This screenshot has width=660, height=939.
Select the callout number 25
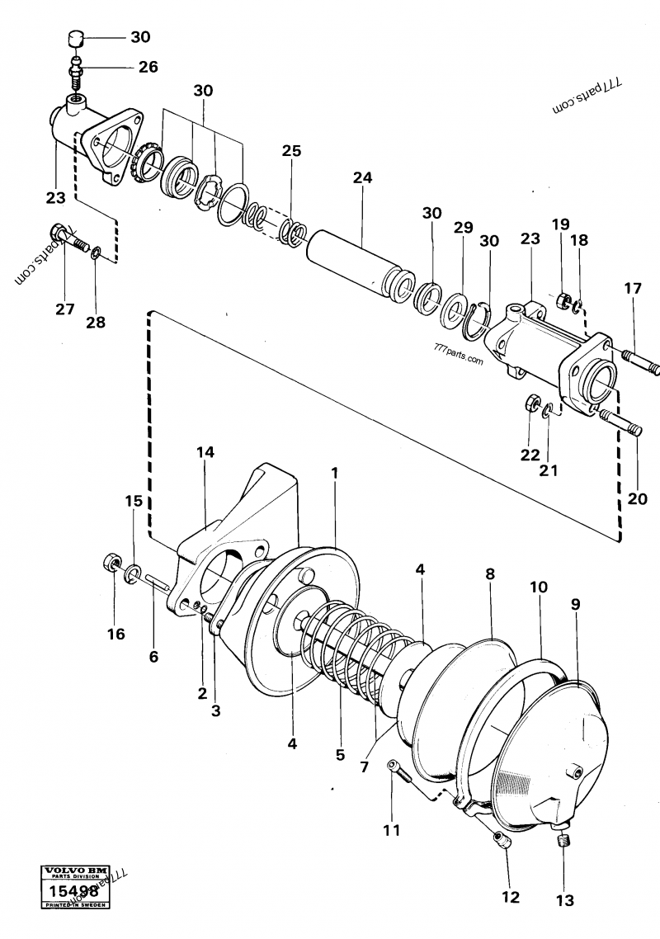point(290,151)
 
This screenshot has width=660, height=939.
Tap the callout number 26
point(148,67)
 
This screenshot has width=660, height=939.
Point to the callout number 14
point(205,452)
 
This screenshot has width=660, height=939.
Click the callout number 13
point(564,900)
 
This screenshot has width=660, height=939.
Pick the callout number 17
point(632,289)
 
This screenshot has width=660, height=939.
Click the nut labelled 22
point(532,403)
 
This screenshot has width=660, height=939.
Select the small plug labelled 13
point(564,842)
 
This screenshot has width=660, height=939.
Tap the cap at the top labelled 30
point(76,39)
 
